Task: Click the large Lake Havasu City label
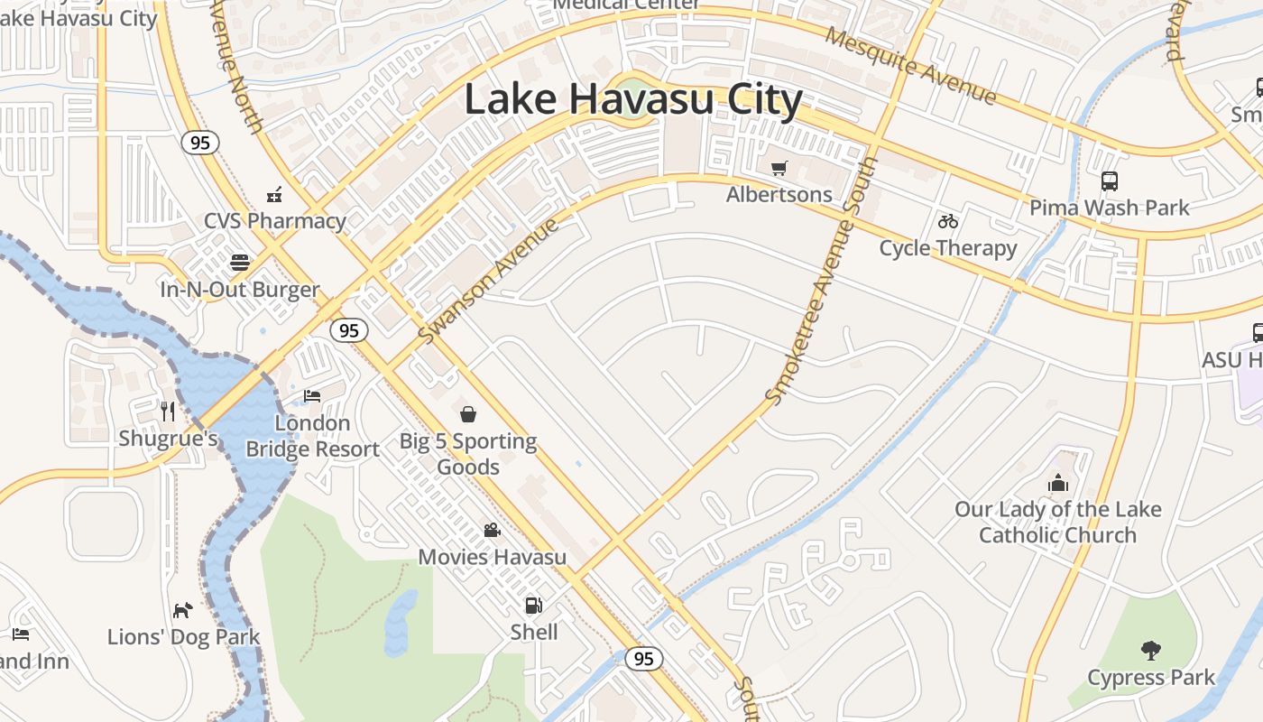coord(632,100)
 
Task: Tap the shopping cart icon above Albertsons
coord(779,168)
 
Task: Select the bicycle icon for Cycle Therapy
coord(947,221)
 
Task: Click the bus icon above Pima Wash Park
coord(1110,181)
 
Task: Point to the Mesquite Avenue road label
coord(911,67)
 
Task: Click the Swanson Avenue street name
coord(488,281)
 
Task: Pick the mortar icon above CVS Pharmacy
coord(274,194)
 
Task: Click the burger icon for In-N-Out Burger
coord(240,263)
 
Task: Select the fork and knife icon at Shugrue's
coord(168,412)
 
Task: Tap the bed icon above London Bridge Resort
coord(312,395)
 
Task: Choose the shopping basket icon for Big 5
coord(468,414)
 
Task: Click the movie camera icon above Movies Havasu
coord(492,530)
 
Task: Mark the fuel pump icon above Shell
coord(534,605)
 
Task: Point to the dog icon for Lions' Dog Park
coord(183,610)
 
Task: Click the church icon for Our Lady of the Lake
coord(1058,483)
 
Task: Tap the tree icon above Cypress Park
coord(1150,650)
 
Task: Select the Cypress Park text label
coord(1151,678)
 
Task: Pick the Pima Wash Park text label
coord(1110,208)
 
